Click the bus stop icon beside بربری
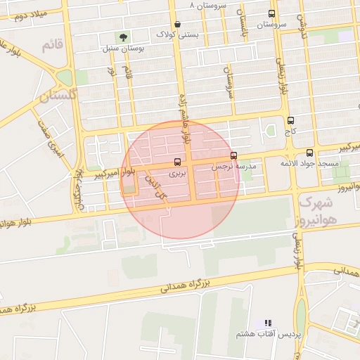point(176,162)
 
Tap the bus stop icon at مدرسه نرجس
point(233,156)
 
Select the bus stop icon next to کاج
point(291,120)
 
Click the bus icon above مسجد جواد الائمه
point(310,153)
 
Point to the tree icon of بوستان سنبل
point(124,37)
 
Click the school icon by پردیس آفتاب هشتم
point(267,323)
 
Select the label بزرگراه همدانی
point(186,285)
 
